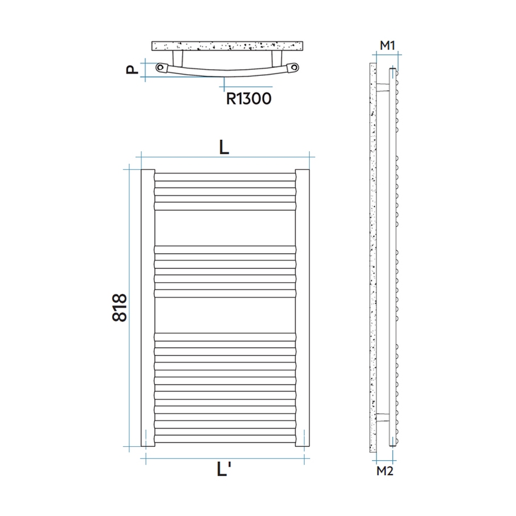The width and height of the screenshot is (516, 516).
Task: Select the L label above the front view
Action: (x=224, y=147)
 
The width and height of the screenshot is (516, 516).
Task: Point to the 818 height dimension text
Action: (x=120, y=308)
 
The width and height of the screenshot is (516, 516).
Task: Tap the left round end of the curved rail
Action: (x=161, y=68)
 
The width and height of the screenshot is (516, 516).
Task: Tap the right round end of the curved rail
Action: (x=293, y=68)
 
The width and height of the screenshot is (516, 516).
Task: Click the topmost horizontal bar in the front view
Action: (x=225, y=177)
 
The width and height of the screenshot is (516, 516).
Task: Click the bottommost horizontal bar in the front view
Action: (x=225, y=443)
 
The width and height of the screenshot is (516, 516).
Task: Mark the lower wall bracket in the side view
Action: (x=382, y=417)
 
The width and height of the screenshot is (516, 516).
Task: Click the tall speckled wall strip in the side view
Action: (x=372, y=255)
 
